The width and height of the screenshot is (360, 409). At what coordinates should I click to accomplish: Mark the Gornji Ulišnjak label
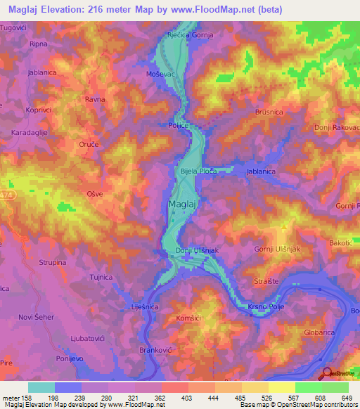tap(276, 249)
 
